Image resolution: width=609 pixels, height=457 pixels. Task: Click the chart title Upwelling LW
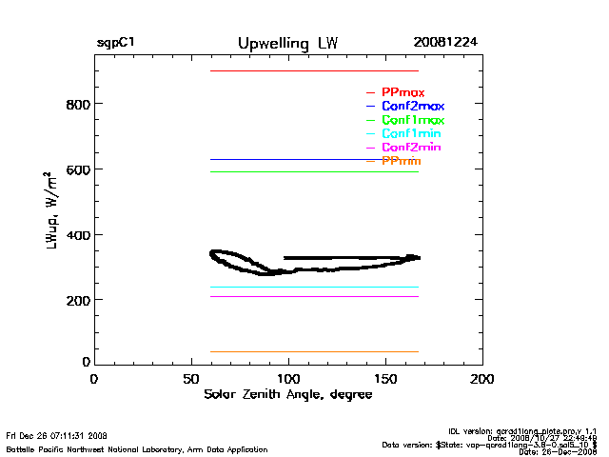pyautogui.click(x=287, y=44)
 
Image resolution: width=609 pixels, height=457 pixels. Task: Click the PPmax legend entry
pyautogui.click(x=403, y=92)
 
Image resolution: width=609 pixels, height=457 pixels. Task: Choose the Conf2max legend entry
pyautogui.click(x=412, y=106)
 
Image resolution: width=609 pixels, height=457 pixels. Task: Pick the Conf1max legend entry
pyautogui.click(x=412, y=120)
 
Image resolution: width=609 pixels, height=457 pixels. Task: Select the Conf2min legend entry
pyautogui.click(x=410, y=148)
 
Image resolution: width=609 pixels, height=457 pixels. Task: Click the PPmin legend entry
pyautogui.click(x=401, y=162)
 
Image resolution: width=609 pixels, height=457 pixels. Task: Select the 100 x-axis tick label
pyautogui.click(x=288, y=379)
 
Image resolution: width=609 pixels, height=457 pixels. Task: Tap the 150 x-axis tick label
pyautogui.click(x=385, y=379)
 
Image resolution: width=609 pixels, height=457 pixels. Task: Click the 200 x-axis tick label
pyautogui.click(x=482, y=379)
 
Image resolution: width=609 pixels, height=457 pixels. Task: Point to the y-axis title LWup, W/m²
pyautogui.click(x=49, y=211)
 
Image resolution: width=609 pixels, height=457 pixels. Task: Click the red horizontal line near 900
pyautogui.click(x=314, y=70)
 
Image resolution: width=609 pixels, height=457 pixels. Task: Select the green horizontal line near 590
pyautogui.click(x=314, y=171)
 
